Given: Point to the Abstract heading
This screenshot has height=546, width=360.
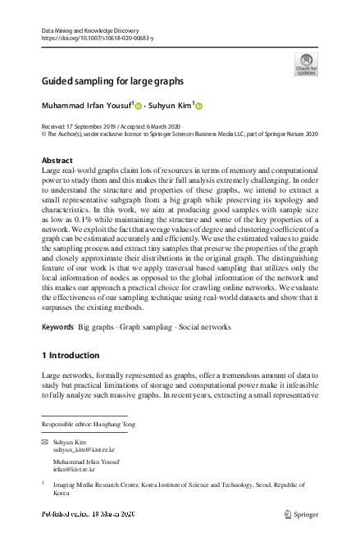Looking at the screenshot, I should click(57, 160).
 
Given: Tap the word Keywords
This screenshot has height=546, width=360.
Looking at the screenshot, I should click(57, 327).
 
